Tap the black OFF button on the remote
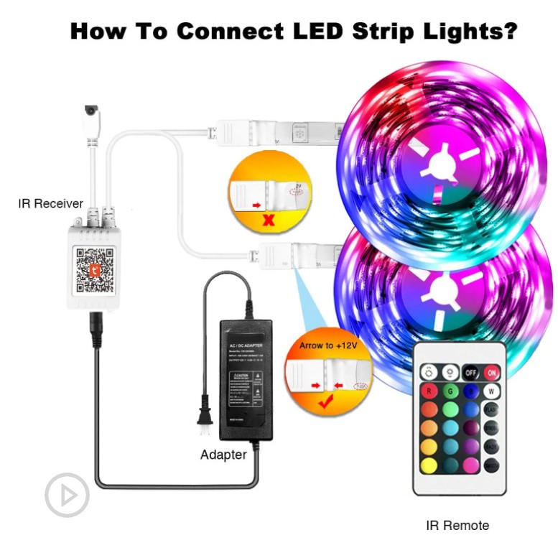(x=470, y=373)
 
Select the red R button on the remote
(x=429, y=392)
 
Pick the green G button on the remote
(x=450, y=392)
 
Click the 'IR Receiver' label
(x=50, y=204)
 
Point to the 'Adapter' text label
(x=223, y=455)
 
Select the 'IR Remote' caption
(x=457, y=526)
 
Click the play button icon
(x=67, y=494)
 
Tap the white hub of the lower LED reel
(x=432, y=290)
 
